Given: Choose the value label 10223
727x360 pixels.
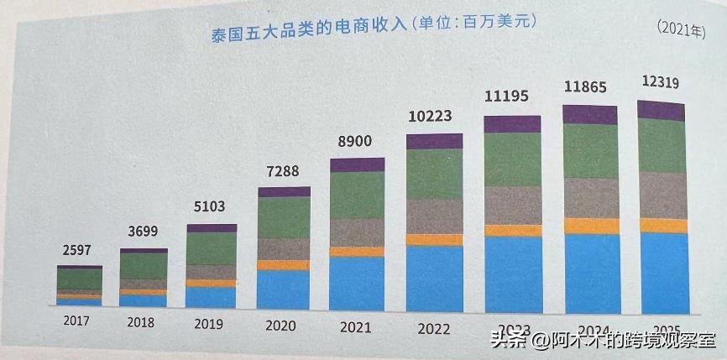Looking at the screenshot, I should [x=433, y=117].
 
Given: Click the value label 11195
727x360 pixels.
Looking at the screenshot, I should [x=510, y=97].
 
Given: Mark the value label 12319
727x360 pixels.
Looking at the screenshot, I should [x=660, y=82].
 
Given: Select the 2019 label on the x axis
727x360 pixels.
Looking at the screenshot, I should [x=211, y=323].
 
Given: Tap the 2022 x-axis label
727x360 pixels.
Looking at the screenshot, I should [x=434, y=329].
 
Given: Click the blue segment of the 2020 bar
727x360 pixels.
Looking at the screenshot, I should [x=284, y=290].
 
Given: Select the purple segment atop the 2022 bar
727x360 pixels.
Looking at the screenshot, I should [x=434, y=141].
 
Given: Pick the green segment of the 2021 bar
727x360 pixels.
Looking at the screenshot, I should [x=357, y=196].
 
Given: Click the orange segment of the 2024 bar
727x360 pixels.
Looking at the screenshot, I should [x=591, y=226].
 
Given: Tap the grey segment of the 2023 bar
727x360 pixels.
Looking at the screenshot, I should [x=513, y=206].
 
